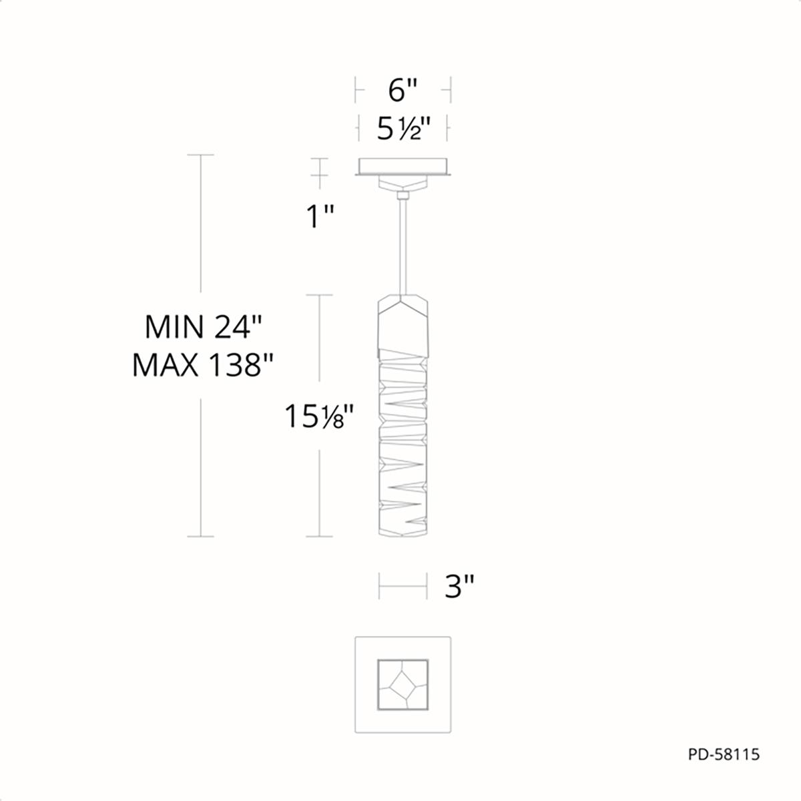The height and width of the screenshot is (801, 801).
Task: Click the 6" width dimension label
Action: pos(403,90)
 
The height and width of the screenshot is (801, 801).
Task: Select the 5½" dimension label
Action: pos(403,128)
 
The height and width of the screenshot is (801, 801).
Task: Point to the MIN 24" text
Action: pos(204,326)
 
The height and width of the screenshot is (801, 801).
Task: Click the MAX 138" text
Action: pos(203,365)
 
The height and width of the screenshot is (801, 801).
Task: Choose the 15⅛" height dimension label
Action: pos(319,417)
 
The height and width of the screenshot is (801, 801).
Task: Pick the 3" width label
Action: pos(459,587)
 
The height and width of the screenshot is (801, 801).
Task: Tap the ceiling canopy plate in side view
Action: pos(403,167)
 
